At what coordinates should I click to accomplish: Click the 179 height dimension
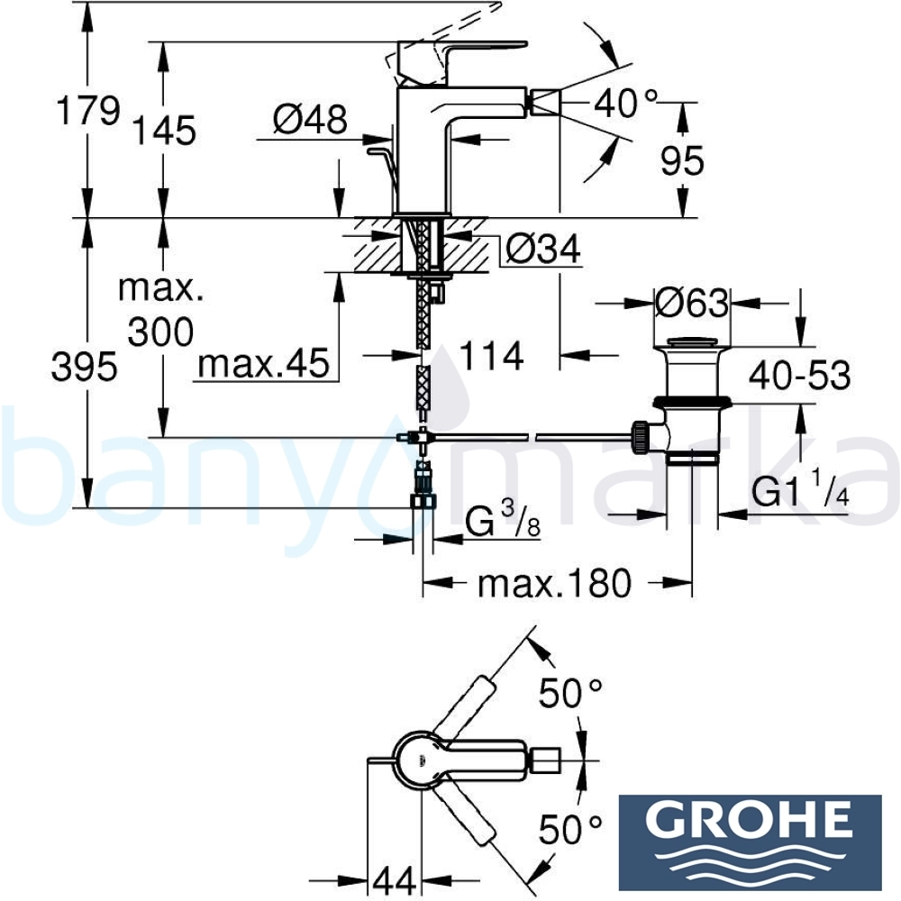pos(88,110)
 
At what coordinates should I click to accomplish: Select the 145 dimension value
pos(164,131)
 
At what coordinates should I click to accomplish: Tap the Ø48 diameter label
pos(310,120)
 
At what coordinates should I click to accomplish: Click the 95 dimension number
pos(682,161)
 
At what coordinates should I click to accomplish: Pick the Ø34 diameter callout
pos(543,250)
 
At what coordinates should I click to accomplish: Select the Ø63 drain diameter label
pos(692,303)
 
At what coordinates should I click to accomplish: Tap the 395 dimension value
pos(85,367)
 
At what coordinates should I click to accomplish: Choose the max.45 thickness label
pos(264,363)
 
